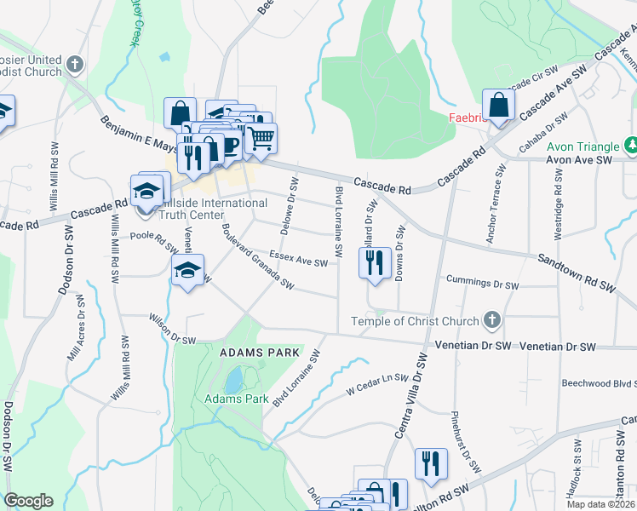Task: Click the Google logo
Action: [29, 501]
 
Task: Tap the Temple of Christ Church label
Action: [415, 321]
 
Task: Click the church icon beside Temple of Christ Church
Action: [491, 321]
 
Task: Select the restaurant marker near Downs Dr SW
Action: [375, 264]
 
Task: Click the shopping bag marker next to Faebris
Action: [499, 106]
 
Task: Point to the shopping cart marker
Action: [261, 138]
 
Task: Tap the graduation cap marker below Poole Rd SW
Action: [187, 272]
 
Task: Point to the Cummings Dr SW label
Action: [481, 282]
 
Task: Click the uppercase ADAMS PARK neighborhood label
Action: [260, 352]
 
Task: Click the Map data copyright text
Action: [601, 504]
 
